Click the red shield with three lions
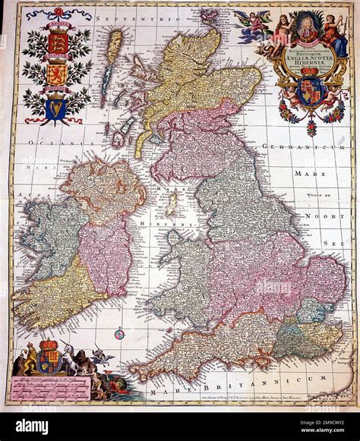coord(58,42)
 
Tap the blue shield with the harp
coord(55,109)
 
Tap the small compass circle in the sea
coord(118,332)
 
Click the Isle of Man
coord(172,203)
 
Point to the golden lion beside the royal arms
coord(30,359)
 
